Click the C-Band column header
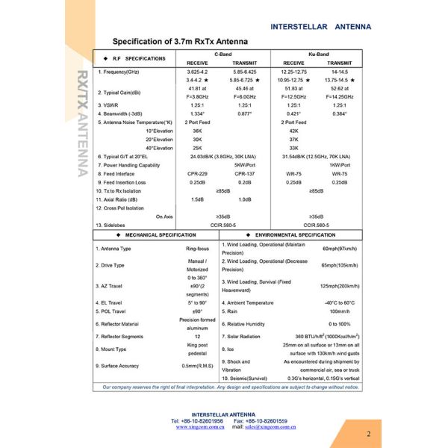(223, 55)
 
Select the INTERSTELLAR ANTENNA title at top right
(320, 26)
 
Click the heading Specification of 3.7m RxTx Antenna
(180, 42)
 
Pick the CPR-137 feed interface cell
(244, 173)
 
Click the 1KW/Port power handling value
(340, 164)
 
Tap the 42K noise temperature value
(293, 130)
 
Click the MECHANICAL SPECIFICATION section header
(155, 234)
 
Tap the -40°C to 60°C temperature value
(340, 302)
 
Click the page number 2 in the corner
(368, 433)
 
